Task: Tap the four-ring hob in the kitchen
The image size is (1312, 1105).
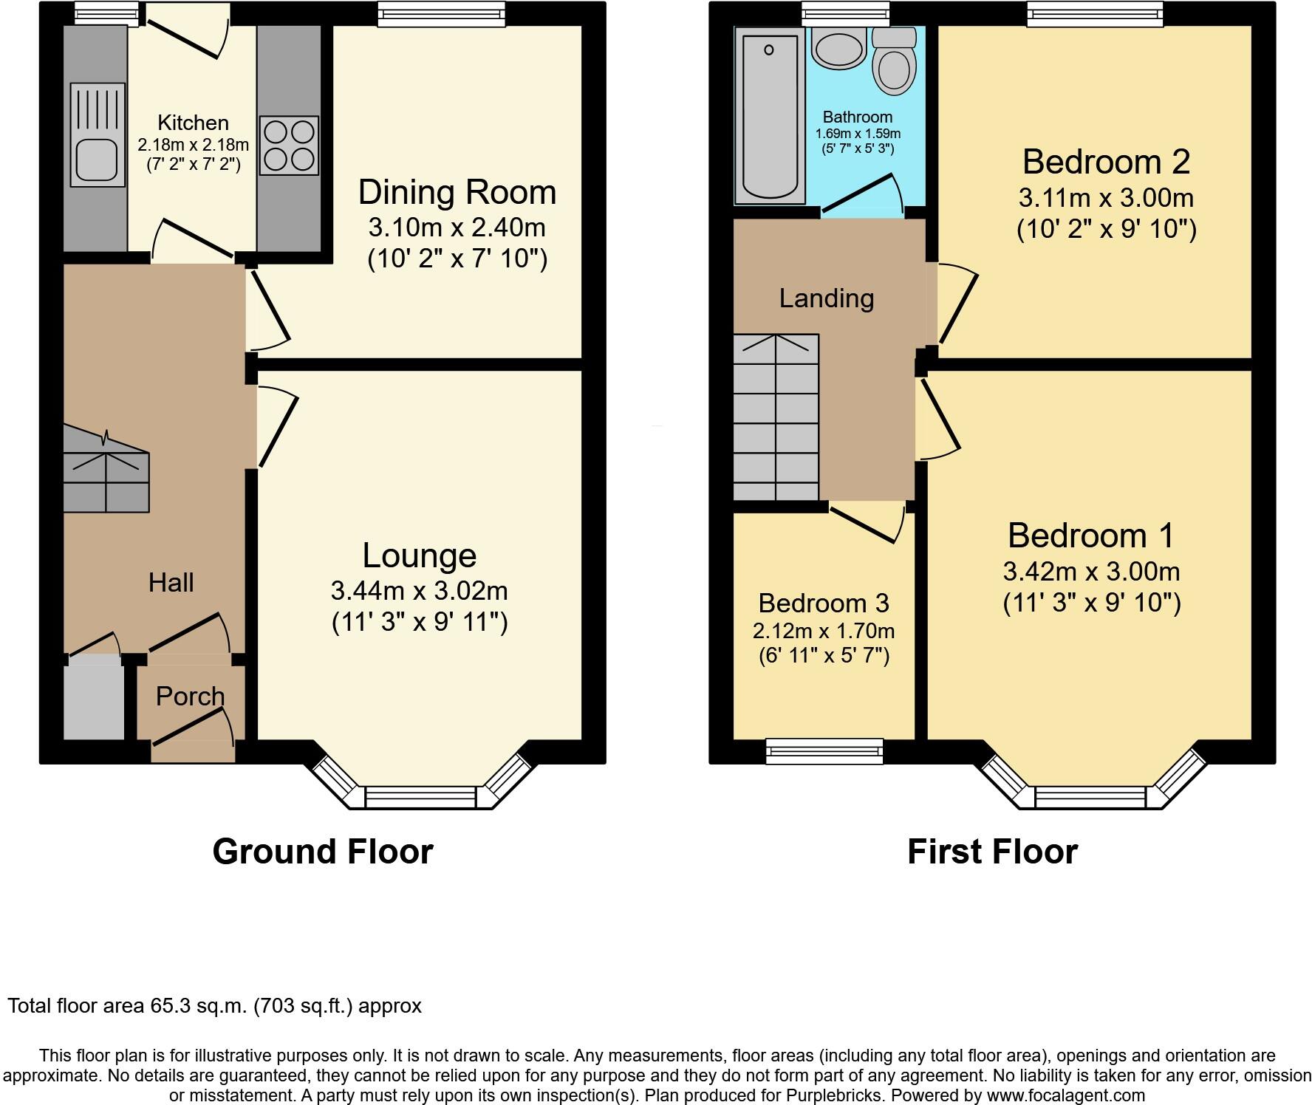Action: click(x=289, y=146)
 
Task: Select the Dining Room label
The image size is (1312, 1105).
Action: click(x=457, y=192)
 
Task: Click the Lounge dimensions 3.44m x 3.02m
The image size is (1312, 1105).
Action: click(x=419, y=591)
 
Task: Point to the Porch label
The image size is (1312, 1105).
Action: click(x=190, y=696)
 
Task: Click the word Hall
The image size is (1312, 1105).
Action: click(x=171, y=583)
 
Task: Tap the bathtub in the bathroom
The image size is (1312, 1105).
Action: click(x=770, y=115)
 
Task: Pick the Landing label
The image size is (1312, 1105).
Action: click(x=826, y=298)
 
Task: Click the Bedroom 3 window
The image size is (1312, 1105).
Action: click(x=824, y=751)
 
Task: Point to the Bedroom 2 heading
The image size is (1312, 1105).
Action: click(x=1106, y=162)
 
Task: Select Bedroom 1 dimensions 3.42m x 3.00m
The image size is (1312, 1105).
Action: click(x=1091, y=571)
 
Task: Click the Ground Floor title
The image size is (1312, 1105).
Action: click(x=322, y=851)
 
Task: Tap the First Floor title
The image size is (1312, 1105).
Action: click(x=992, y=851)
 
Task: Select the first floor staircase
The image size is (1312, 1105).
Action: click(x=776, y=417)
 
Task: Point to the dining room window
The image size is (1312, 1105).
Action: click(x=442, y=14)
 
